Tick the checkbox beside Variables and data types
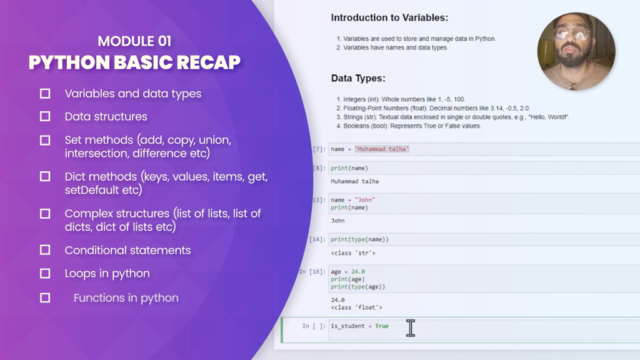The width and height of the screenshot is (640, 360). (x=45, y=94)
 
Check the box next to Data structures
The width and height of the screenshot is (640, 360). (x=45, y=117)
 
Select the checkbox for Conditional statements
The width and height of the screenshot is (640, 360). (x=45, y=250)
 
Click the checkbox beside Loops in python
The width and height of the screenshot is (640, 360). (x=45, y=274)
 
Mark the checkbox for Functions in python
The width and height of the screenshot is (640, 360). (x=45, y=298)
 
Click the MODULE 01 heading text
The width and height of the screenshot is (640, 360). (x=134, y=41)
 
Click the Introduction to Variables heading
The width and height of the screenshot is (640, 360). (x=389, y=17)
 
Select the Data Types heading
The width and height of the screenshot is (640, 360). (x=358, y=78)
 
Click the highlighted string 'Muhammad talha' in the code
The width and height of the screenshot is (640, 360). (x=382, y=149)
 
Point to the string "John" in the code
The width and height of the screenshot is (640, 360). (x=364, y=200)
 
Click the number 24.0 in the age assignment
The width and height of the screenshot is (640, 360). (x=358, y=271)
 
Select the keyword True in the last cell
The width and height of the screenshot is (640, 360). (x=382, y=326)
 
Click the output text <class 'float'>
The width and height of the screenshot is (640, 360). (x=356, y=307)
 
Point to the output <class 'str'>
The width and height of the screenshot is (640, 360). (x=353, y=253)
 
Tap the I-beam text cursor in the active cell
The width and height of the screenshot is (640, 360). (x=411, y=328)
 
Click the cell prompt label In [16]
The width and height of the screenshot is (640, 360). (x=312, y=271)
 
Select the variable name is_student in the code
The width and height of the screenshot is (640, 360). (x=347, y=326)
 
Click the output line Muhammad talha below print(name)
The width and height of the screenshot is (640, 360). (x=355, y=181)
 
